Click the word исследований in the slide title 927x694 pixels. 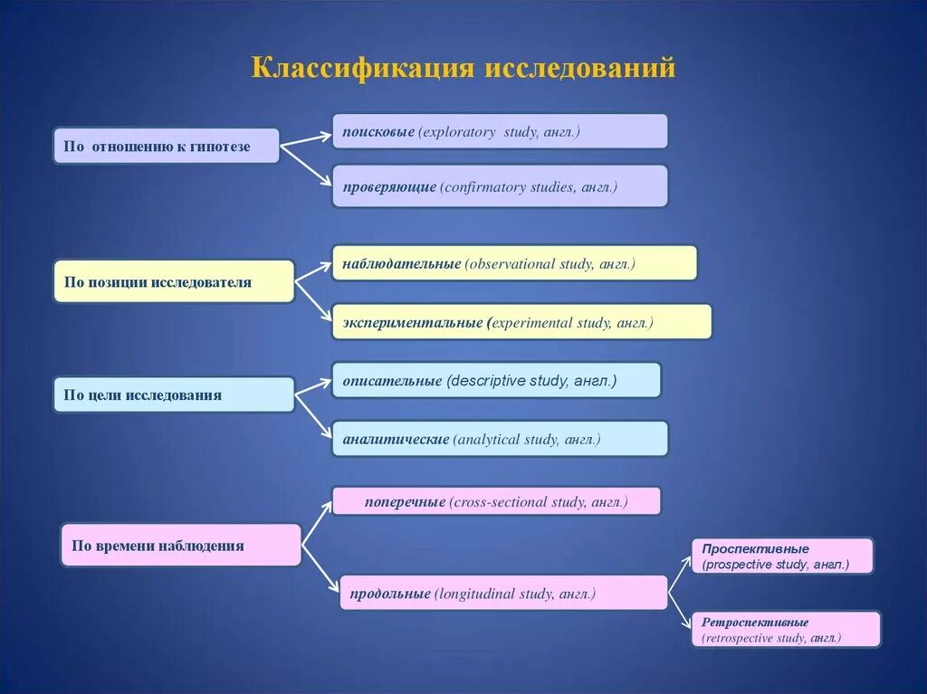pyautogui.click(x=580, y=69)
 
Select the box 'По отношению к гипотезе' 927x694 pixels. pyautogui.click(x=166, y=146)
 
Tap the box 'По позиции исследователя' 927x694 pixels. pyautogui.click(x=174, y=282)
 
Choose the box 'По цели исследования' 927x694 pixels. pyautogui.click(x=174, y=395)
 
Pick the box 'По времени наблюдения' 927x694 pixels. pyautogui.click(x=180, y=546)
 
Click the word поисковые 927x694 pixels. pyautogui.click(x=377, y=132)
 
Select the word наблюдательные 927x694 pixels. pyautogui.click(x=401, y=264)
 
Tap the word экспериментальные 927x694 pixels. pyautogui.click(x=412, y=322)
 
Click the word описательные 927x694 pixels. pyautogui.click(x=392, y=381)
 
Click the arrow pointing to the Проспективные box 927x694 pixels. pyautogui.click(x=681, y=575)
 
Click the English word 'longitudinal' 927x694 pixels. pyautogui.click(x=476, y=594)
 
